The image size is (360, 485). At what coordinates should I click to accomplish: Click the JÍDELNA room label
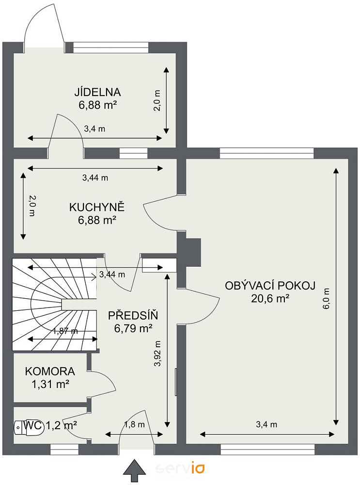click(x=97, y=92)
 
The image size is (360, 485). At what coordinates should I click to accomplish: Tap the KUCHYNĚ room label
click(x=97, y=207)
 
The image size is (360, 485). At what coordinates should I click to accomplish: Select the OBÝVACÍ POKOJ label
click(x=270, y=286)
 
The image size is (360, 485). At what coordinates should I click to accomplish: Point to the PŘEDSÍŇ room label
click(x=133, y=315)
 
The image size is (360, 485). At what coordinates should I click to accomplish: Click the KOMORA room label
click(x=50, y=371)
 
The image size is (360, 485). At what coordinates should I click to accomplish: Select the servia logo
click(x=180, y=469)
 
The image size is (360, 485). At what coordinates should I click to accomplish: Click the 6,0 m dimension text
click(x=326, y=299)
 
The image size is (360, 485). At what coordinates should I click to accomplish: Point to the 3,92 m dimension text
click(x=157, y=354)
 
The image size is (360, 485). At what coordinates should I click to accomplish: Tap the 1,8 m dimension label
click(x=134, y=424)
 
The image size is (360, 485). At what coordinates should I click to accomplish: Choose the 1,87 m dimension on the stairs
click(x=65, y=331)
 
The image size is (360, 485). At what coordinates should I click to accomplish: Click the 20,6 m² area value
click(x=270, y=298)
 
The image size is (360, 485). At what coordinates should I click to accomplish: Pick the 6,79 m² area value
click(x=133, y=328)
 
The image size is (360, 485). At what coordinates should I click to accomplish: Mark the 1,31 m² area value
click(x=50, y=384)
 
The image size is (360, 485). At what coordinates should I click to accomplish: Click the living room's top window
click(x=266, y=153)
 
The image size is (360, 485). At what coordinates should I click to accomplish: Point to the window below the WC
click(x=64, y=450)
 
